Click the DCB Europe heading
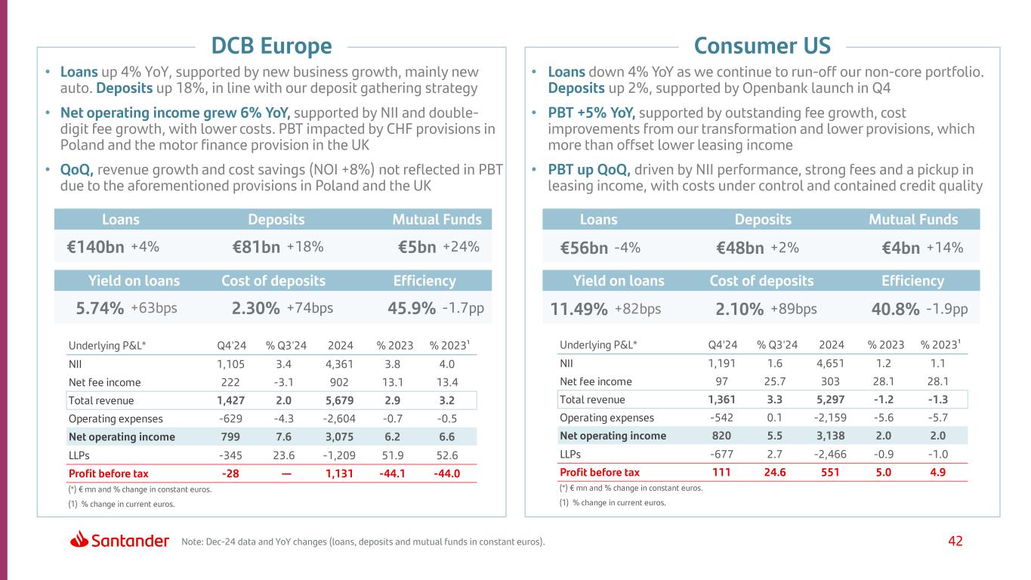tap(271, 46)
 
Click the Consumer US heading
tap(762, 46)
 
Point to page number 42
tap(955, 541)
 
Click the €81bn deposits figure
tap(257, 247)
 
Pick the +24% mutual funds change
tap(461, 247)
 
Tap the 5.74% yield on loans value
tap(100, 308)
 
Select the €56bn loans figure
tap(583, 248)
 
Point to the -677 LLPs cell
tap(722, 455)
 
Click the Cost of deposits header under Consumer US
tap(761, 281)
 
